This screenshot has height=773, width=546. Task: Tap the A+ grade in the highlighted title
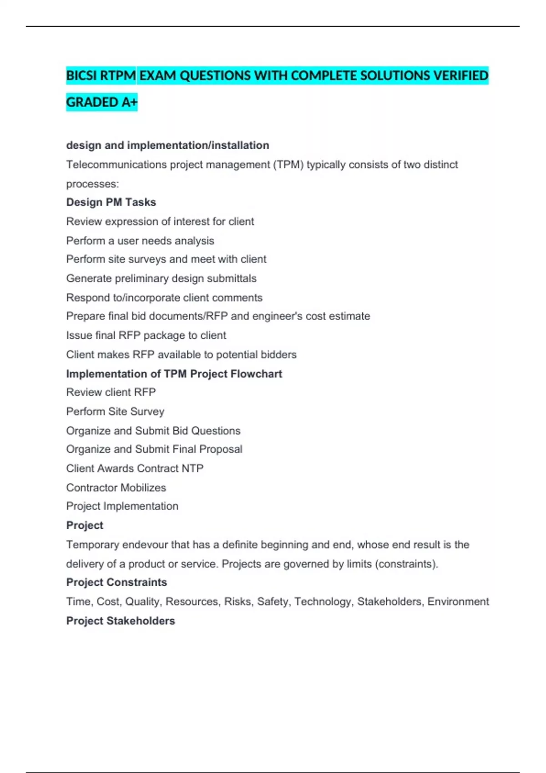tap(129, 102)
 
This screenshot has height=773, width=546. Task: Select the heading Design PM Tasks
tap(111, 202)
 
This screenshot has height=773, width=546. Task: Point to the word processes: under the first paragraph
tap(92, 184)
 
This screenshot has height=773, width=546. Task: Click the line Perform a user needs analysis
tap(140, 241)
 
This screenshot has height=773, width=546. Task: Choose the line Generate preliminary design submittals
tap(161, 278)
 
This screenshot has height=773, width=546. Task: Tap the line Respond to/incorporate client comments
tap(164, 298)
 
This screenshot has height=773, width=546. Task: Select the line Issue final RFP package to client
tap(146, 336)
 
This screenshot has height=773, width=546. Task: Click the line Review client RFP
tap(111, 392)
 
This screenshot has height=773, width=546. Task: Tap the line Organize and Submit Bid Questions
tap(153, 431)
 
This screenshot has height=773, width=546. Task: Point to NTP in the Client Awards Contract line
tap(192, 468)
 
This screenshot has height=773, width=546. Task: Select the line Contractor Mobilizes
tap(116, 488)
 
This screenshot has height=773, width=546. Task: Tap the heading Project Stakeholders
tap(121, 621)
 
